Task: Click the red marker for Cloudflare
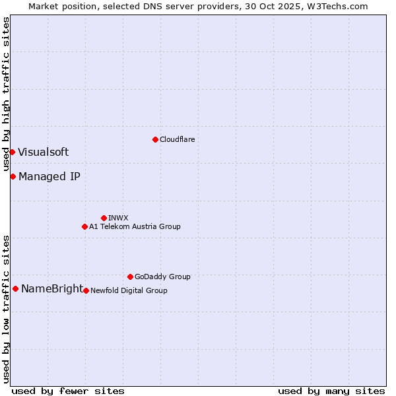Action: coord(155,139)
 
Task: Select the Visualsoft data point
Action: coord(12,152)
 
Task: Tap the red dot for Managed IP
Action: coord(13,176)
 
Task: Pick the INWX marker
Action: coord(104,218)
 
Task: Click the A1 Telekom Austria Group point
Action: coord(84,226)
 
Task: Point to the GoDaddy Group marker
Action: coord(130,277)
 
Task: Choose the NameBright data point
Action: coord(15,288)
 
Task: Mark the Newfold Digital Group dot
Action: coord(86,290)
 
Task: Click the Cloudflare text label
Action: coord(177,139)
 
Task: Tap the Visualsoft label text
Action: coord(43,152)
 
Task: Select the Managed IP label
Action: coord(49,176)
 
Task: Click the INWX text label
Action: coord(118,218)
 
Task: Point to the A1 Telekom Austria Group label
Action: coord(135,226)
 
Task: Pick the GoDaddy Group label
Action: coord(162,277)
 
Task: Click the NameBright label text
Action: coord(52,288)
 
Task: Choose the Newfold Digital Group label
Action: coord(129,290)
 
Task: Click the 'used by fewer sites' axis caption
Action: coord(68,391)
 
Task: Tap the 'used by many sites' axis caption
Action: coord(331,391)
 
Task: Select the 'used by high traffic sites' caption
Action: coord(6,94)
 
